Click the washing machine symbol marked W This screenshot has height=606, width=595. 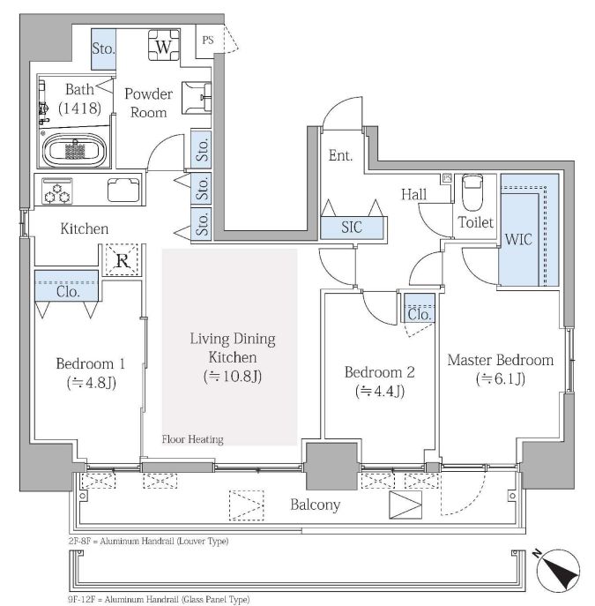coord(164,45)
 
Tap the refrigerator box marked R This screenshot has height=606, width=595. coord(122,259)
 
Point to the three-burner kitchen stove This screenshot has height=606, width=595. coord(57,191)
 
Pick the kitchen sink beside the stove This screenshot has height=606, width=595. coord(123,190)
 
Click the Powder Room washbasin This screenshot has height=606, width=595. coord(197,97)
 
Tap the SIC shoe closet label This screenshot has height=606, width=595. coord(352,228)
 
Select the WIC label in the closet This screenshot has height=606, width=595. coord(518,240)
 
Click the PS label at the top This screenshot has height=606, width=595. coord(208,40)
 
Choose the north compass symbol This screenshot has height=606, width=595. coord(558,571)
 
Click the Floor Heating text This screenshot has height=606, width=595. coord(192,439)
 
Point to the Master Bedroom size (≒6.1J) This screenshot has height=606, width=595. coord(501,378)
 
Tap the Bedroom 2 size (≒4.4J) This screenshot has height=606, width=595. coord(380,391)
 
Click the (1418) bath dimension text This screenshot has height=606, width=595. coord(79,108)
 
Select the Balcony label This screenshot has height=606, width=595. coord(315,505)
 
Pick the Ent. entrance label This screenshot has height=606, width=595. coord(340,156)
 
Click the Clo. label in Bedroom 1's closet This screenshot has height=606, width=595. coord(68,291)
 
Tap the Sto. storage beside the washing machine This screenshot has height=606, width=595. coord(103,49)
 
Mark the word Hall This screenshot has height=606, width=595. coord(414,194)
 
